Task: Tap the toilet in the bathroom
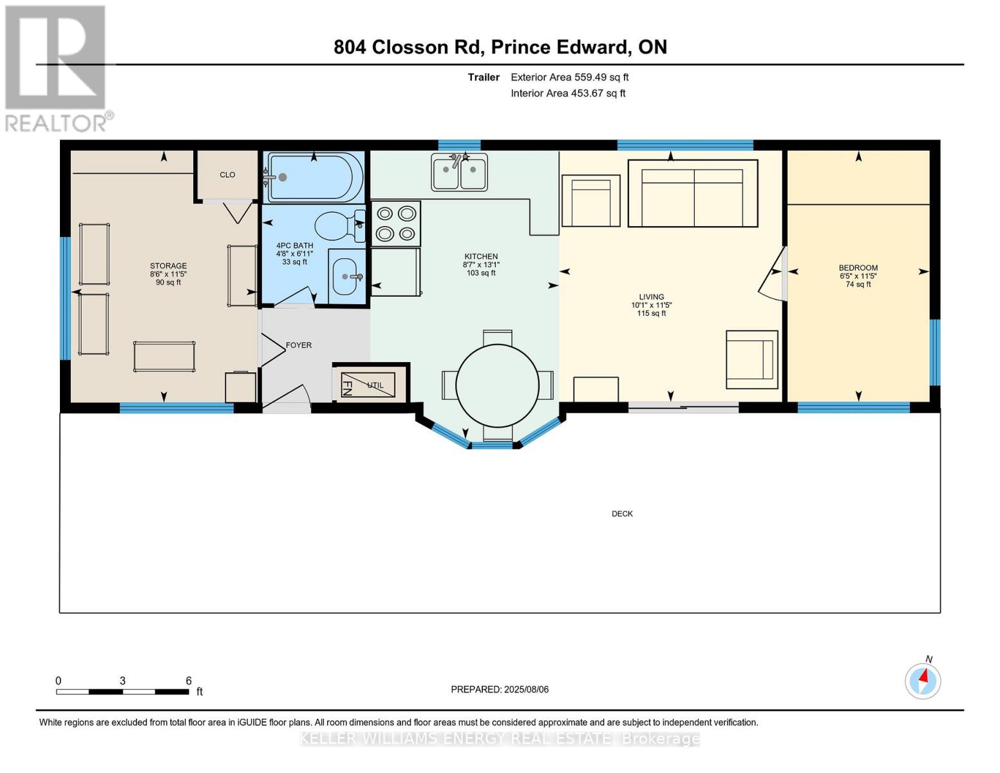click(339, 225)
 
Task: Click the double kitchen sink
click(459, 172)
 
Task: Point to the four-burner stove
click(396, 224)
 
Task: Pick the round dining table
click(498, 386)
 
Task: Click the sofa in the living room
click(693, 193)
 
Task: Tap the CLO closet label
click(227, 175)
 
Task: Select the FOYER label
click(299, 345)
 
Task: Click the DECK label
click(622, 514)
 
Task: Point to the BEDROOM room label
click(858, 267)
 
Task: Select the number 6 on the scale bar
click(189, 680)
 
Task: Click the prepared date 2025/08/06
click(526, 689)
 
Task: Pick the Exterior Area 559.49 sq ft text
click(570, 77)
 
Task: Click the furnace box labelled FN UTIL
click(368, 385)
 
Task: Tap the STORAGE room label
click(169, 265)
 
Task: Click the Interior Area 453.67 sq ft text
click(569, 93)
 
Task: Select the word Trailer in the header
click(484, 77)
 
